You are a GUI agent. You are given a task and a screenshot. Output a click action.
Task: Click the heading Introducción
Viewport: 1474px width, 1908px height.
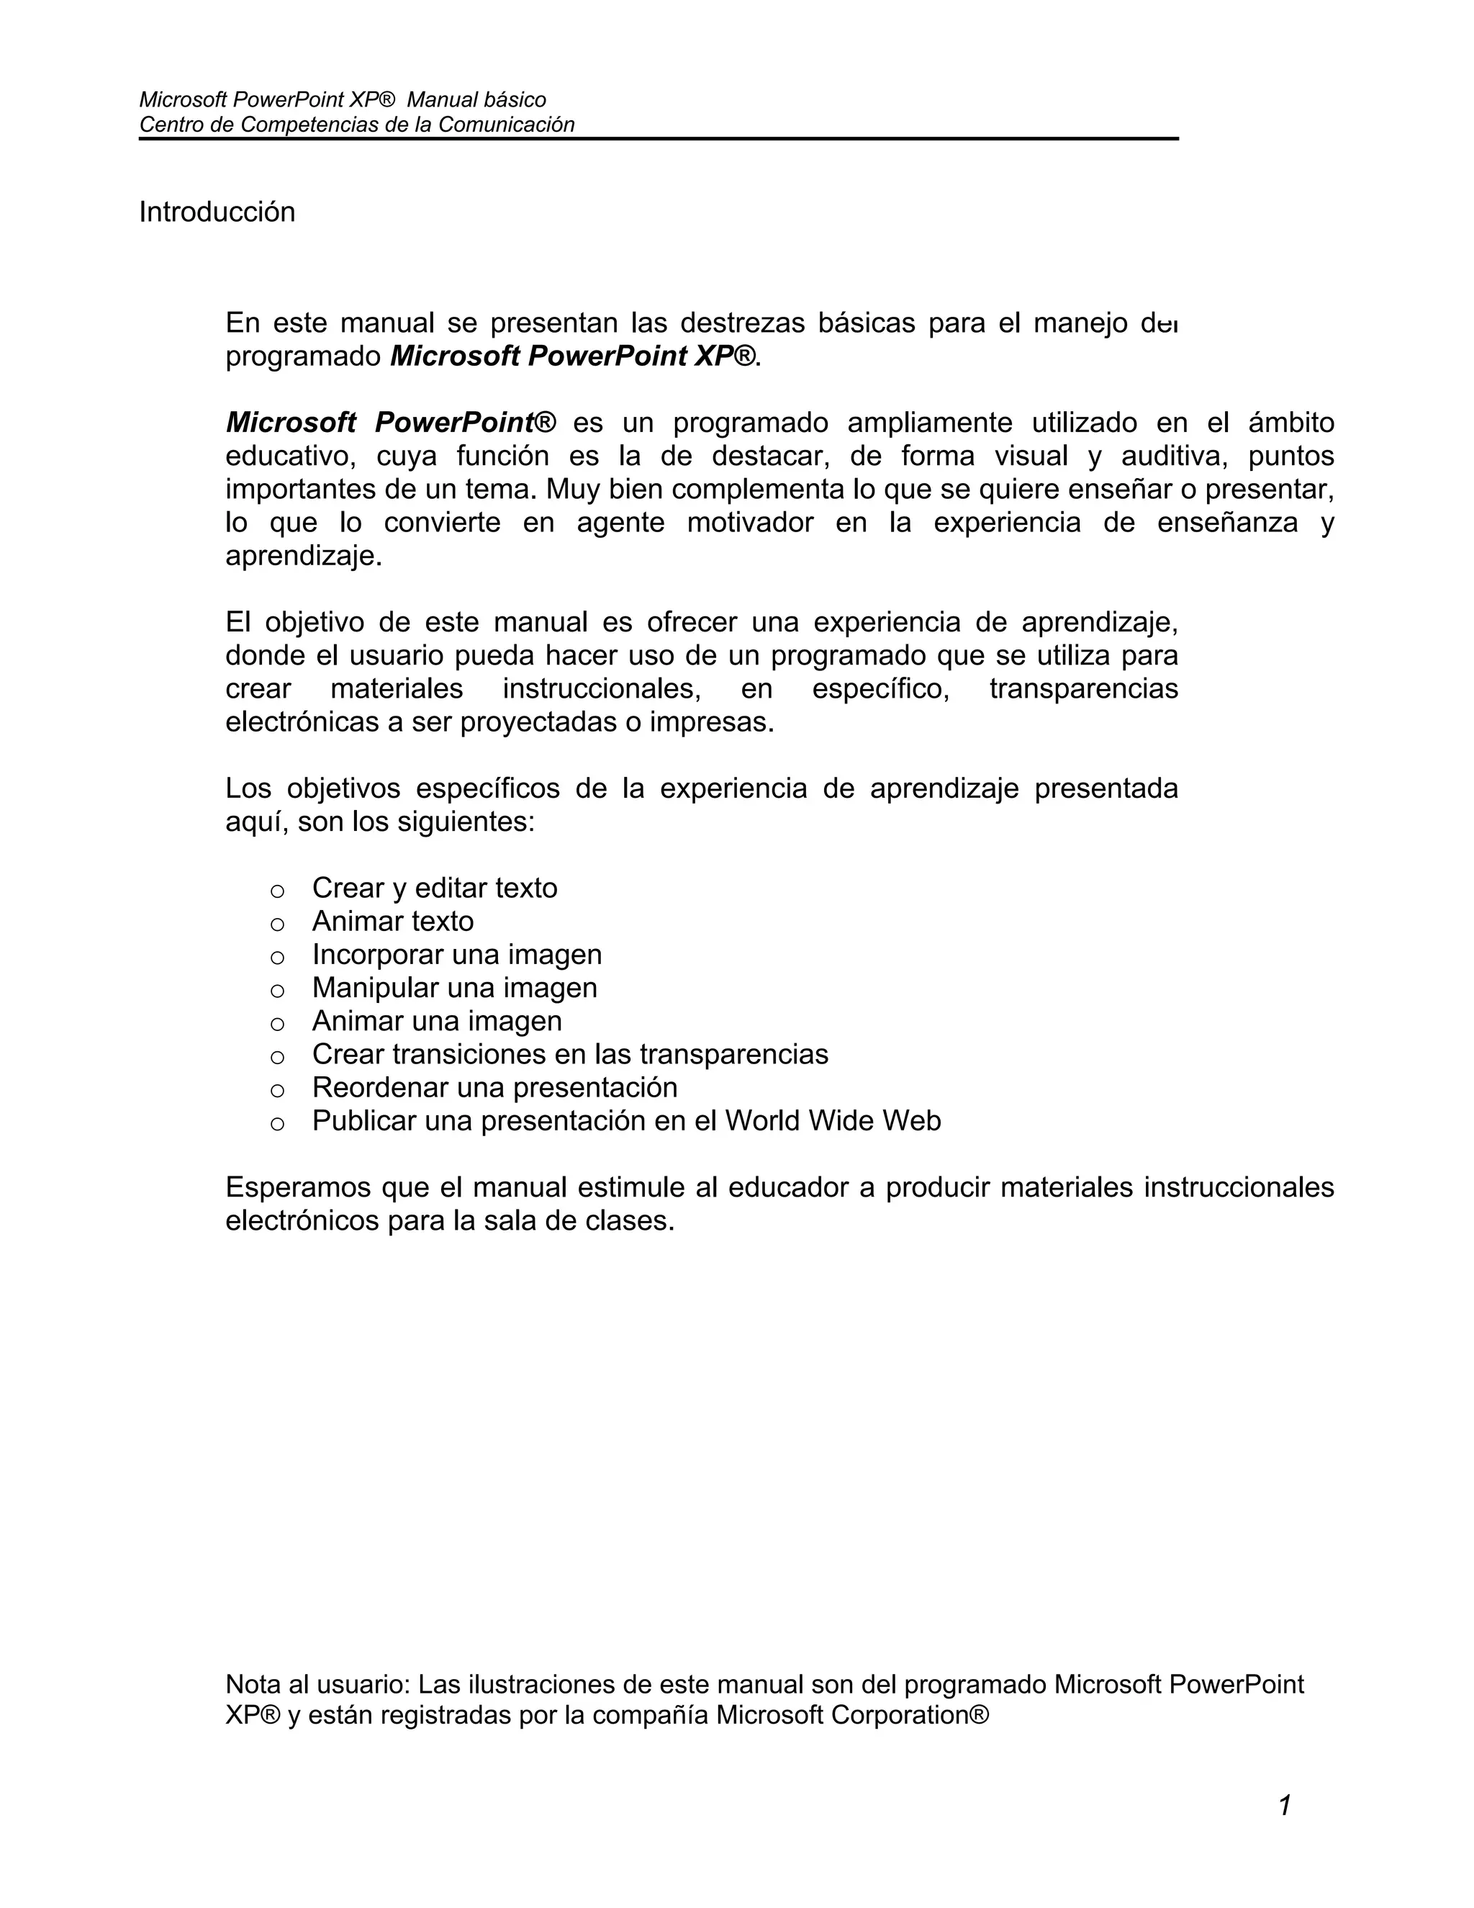(x=217, y=212)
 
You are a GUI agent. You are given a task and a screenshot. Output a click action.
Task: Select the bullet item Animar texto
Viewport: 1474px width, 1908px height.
(x=393, y=921)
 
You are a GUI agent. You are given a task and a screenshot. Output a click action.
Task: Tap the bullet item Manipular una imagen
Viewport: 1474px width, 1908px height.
(x=454, y=987)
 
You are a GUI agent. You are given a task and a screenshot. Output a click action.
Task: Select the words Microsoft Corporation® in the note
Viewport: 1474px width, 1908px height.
(x=852, y=1715)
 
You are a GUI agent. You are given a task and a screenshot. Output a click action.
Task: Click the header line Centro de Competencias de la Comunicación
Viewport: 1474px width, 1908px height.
(x=356, y=125)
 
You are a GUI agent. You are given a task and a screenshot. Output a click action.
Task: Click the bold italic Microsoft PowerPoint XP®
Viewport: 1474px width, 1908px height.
(x=573, y=356)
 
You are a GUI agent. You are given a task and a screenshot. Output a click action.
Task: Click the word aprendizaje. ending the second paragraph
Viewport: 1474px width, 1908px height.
(x=304, y=557)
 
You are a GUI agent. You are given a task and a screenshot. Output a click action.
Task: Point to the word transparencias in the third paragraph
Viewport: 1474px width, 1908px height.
(x=1082, y=688)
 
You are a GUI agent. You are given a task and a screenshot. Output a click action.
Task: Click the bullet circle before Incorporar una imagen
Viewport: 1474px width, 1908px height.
(x=277, y=958)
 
